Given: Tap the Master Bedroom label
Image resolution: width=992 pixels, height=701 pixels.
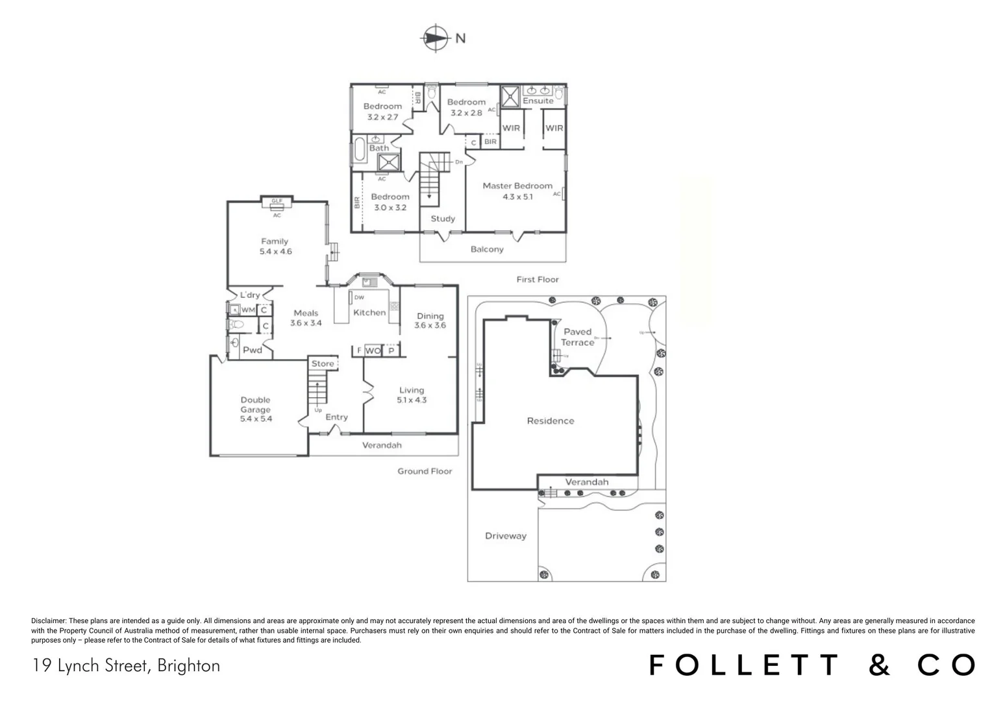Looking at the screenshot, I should (x=517, y=186).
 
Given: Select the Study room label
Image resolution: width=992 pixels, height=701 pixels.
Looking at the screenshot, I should (x=443, y=219).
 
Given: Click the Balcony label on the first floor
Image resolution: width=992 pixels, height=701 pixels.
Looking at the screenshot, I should (x=487, y=249).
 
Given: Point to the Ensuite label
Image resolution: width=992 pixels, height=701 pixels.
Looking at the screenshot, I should (x=538, y=101).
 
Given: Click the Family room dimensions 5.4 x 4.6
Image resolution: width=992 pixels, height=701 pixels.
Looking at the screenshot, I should (x=276, y=251).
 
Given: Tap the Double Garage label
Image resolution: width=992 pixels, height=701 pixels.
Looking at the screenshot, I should (x=255, y=404).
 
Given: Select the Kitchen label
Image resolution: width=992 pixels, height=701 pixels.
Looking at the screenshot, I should (x=369, y=312).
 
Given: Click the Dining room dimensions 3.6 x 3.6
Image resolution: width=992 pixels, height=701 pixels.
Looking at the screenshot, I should (x=430, y=325).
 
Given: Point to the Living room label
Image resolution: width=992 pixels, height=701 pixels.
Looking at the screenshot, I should (x=412, y=390).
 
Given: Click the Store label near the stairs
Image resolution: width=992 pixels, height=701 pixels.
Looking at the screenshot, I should (x=323, y=363).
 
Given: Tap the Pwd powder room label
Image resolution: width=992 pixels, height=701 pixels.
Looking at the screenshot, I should (x=253, y=350).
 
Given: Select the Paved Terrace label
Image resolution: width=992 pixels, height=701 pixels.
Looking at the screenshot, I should (x=577, y=337).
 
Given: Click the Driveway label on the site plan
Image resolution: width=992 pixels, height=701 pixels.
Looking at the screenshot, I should (x=506, y=536).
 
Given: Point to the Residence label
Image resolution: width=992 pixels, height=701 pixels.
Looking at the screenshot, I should (x=551, y=421).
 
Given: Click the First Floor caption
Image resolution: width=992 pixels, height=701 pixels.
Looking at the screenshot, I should (x=538, y=279).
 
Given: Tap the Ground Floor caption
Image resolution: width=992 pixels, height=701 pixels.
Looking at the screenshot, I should (x=425, y=471).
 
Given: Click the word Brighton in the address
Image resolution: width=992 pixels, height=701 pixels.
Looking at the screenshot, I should (x=188, y=665).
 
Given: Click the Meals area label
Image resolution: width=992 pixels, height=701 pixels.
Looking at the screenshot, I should (x=306, y=313).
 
